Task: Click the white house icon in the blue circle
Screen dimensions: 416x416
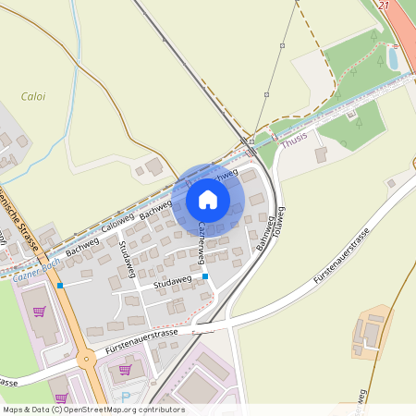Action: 208,200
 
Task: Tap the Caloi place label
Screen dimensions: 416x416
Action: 32,95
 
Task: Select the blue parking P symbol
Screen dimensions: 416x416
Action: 126,398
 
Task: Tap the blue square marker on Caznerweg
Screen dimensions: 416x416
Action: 205,275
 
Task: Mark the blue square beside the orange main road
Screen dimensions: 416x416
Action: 60,286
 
